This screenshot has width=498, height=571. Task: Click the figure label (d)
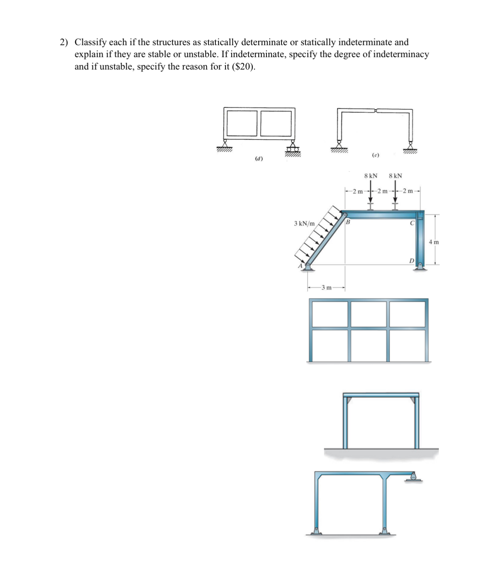[x=259, y=159]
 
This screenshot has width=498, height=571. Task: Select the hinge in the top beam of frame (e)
[x=375, y=111]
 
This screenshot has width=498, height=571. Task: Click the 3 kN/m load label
[x=304, y=223]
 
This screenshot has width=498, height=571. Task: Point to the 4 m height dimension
[x=434, y=242]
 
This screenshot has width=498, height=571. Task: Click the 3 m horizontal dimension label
[x=326, y=287]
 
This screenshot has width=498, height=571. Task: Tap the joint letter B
[x=347, y=222]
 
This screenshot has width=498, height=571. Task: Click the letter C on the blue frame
[x=412, y=223]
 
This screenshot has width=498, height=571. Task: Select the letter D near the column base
[x=412, y=261]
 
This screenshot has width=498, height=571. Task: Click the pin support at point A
[x=308, y=267]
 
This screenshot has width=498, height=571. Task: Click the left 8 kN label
[x=371, y=176]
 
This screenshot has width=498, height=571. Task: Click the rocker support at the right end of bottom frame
[x=413, y=476]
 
